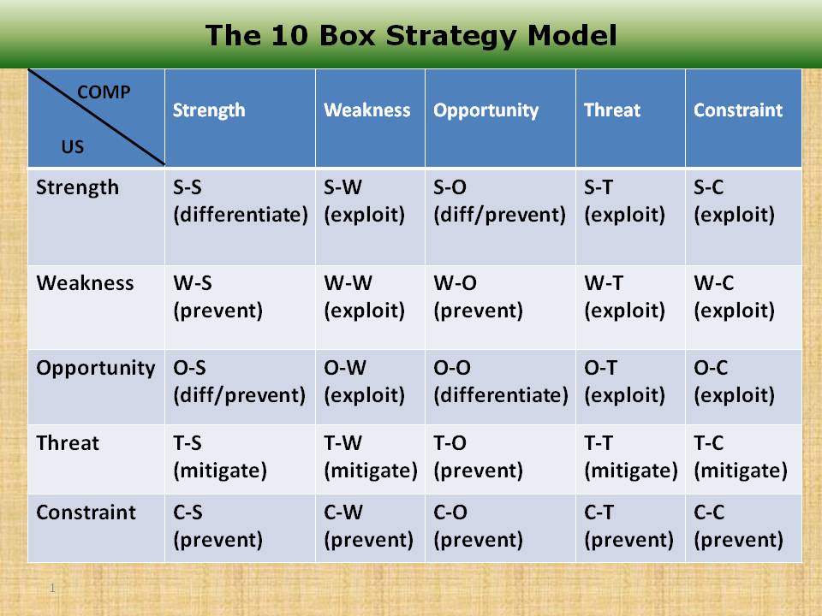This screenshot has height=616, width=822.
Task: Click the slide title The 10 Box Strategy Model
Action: coord(411,35)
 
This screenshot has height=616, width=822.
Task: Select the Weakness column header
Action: coord(366,110)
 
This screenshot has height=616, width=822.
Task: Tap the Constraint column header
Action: coord(737,110)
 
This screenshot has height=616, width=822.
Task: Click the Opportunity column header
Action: coord(485,110)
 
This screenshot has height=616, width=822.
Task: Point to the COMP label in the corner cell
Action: coord(104,92)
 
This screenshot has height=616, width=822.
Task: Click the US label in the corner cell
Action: coord(73,147)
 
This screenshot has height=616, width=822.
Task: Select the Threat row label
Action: coord(68,443)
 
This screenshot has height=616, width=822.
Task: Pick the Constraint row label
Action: coord(86,512)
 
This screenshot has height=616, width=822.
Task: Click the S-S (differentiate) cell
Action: coord(240,202)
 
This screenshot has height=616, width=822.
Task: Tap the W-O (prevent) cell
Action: coord(478,297)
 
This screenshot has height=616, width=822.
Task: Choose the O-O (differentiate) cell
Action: coord(500,382)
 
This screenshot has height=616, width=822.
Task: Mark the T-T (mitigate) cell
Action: coord(630,457)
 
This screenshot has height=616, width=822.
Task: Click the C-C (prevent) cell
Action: coord(738,526)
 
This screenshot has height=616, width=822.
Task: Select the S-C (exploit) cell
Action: coord(734,202)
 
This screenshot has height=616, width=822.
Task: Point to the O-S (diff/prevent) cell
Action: coord(239,382)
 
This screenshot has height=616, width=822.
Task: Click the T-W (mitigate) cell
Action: coord(370,457)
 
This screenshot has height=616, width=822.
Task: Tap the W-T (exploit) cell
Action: coord(624,297)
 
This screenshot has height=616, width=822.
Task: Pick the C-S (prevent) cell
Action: coord(217,526)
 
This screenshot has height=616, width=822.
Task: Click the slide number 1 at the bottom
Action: coord(52,589)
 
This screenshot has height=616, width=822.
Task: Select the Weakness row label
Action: coord(85,283)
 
